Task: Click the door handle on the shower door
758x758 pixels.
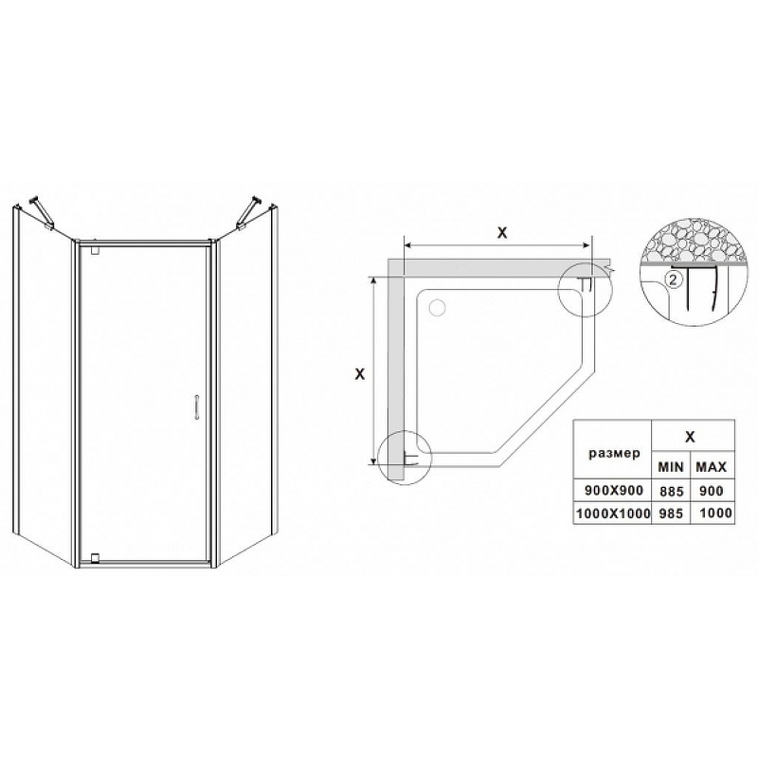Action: pos(197,407)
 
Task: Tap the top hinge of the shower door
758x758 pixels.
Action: pos(95,250)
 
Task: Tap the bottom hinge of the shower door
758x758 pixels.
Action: pos(95,557)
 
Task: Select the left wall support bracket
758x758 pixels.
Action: pos(42,212)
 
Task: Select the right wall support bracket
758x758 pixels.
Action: pos(249,211)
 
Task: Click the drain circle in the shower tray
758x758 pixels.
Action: pos(438,307)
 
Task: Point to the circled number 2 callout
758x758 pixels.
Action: pos(674,279)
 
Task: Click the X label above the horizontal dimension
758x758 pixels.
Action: pos(502,232)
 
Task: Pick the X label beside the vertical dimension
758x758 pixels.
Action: pos(360,373)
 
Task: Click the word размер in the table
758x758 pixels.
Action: pos(614,454)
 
